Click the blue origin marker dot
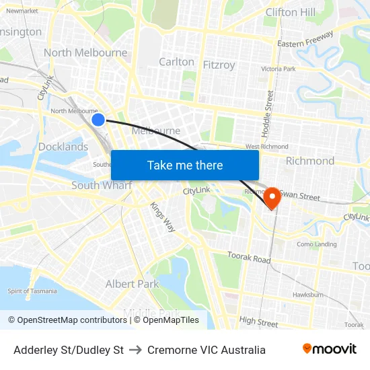click(98, 119)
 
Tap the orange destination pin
click(272, 197)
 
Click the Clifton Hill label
click(290, 12)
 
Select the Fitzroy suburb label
click(219, 65)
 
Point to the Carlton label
click(176, 62)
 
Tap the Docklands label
click(63, 147)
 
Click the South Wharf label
click(102, 186)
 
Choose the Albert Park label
click(132, 284)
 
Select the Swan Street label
click(301, 196)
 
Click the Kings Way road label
click(162, 217)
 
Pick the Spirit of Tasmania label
click(32, 291)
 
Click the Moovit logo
click(330, 349)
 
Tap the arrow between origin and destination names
click(135, 350)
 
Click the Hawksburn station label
click(308, 295)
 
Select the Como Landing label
click(316, 244)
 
